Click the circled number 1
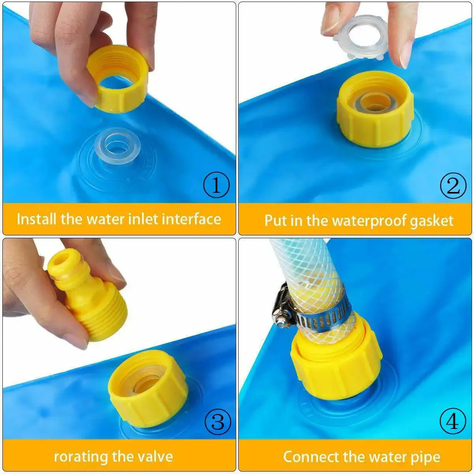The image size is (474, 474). click(x=216, y=185)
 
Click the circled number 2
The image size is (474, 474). click(x=453, y=185)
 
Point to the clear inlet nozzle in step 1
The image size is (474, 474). click(x=117, y=147)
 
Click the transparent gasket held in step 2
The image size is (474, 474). click(x=360, y=36)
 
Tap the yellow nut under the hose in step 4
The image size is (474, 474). click(x=336, y=363)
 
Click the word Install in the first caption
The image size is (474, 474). click(x=37, y=218)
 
